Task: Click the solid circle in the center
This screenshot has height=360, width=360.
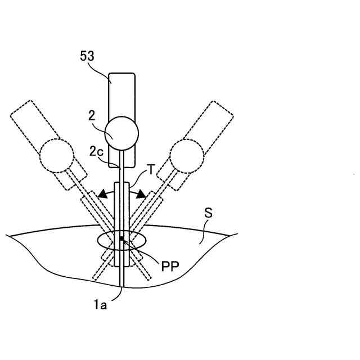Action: (x=123, y=132)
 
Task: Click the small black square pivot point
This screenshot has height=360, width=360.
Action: (x=121, y=239)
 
